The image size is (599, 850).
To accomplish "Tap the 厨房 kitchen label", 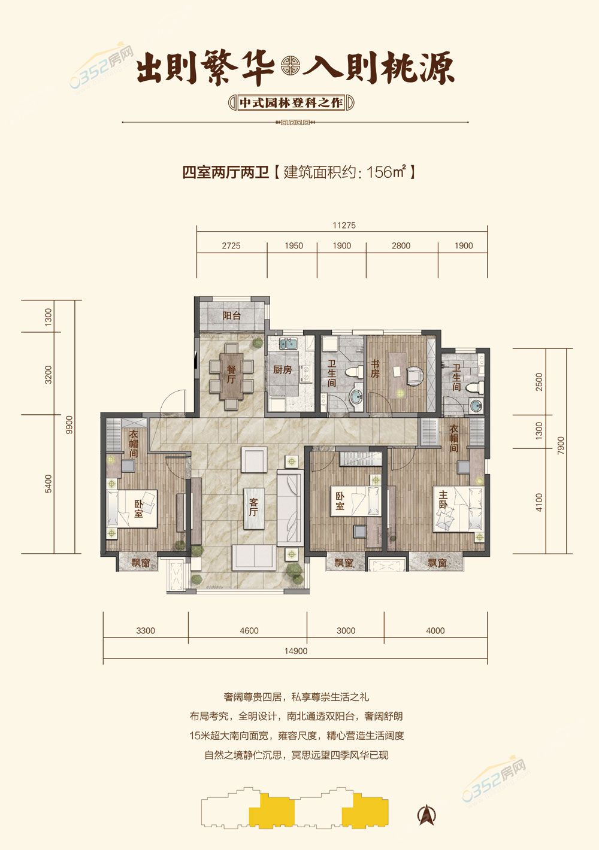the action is point(282,369).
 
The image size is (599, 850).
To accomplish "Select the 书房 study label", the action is point(375,369).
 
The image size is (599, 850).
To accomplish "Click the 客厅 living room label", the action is point(253,508).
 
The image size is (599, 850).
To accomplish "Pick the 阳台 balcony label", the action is point(231,315).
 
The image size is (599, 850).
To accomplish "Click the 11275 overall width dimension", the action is point(344,226).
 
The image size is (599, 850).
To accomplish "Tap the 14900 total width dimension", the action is point(296,651).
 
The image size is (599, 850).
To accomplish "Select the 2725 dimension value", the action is point(231,245).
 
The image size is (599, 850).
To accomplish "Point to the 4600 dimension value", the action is point(249,630).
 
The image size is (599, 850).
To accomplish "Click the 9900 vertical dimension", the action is point(69,426).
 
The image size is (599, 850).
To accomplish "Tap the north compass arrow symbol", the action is point(427,814).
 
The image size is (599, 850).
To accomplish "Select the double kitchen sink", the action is point(289,344).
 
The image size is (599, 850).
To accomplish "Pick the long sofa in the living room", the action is point(289,508).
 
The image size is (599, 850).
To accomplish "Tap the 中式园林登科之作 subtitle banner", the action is point(291,102).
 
